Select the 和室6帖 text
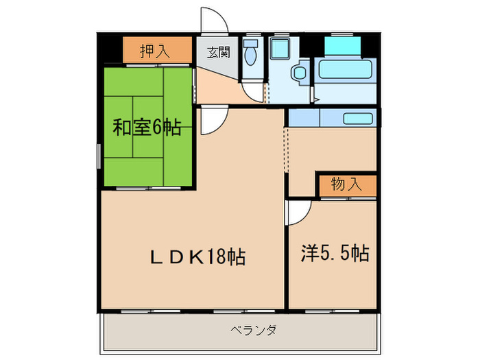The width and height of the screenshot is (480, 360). pyautogui.click(x=147, y=127)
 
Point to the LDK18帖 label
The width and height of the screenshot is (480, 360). pyautogui.click(x=198, y=258)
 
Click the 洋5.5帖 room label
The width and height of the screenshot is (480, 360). pyautogui.click(x=335, y=254)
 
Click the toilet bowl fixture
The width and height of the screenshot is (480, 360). pyautogui.click(x=252, y=58)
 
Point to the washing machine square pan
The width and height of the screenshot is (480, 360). pyautogui.click(x=279, y=49)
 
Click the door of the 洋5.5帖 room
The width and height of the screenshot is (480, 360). pyautogui.click(x=298, y=213)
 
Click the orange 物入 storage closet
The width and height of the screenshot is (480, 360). pyautogui.click(x=346, y=184)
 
